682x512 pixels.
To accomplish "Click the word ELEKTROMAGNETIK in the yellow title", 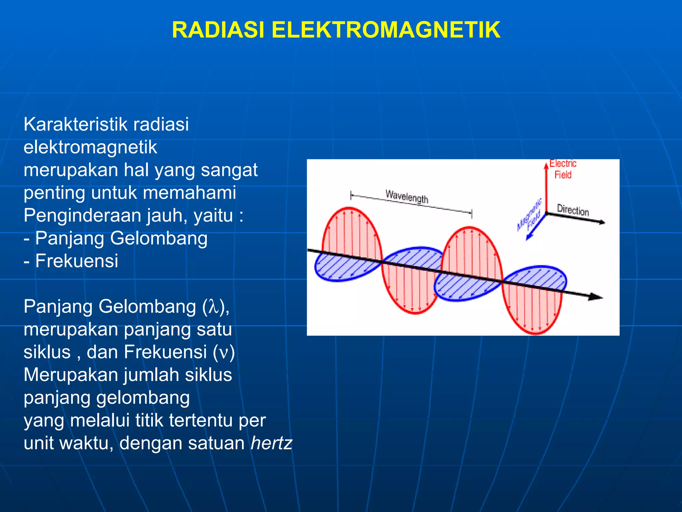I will [x=386, y=30].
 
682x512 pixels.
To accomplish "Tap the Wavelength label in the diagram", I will [x=407, y=197].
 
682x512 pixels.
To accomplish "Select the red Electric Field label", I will [x=563, y=169].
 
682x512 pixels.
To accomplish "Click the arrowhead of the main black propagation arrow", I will [x=596, y=297].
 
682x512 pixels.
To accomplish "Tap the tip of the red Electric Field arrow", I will [x=546, y=165].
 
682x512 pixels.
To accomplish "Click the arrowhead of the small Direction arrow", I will [x=602, y=222].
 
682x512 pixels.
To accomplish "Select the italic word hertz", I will [x=271, y=443].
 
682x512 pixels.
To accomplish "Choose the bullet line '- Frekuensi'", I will [x=71, y=261].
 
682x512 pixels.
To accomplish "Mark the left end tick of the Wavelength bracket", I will [x=351, y=195].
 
